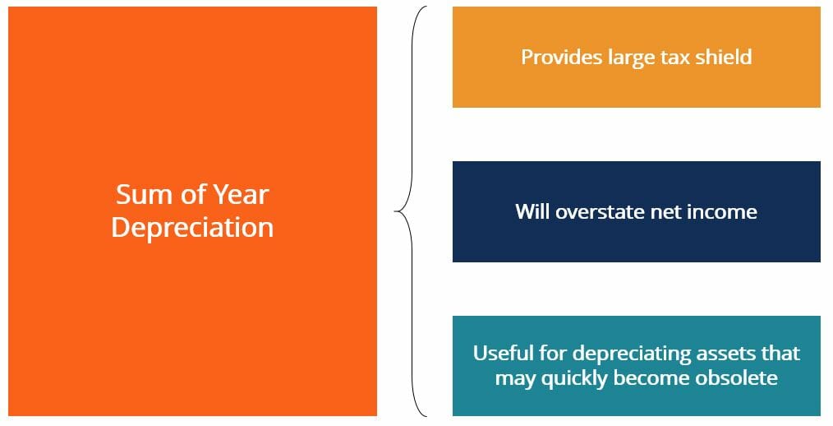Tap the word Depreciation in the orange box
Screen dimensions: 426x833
[192, 228]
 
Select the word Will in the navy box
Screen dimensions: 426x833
[532, 211]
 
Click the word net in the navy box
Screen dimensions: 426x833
[664, 211]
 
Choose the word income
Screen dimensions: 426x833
[722, 211]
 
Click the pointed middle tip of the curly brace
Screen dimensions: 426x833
[396, 212]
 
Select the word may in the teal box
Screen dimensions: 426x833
[513, 378]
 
